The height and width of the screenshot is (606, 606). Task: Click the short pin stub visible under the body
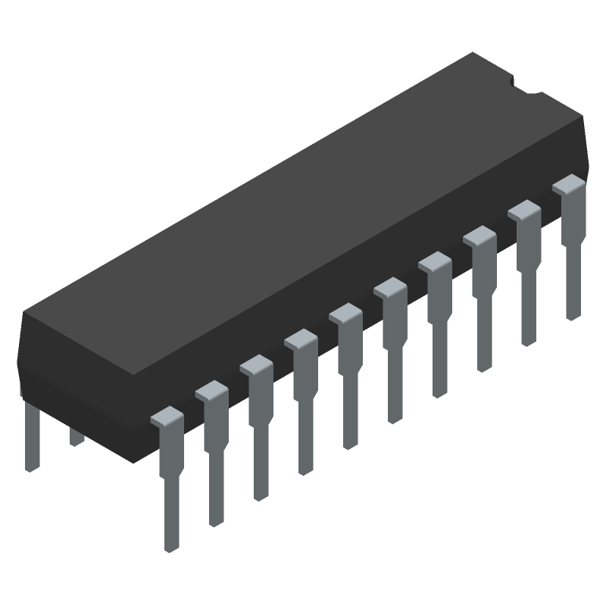click(76, 436)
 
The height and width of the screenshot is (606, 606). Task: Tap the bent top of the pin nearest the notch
click(569, 184)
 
